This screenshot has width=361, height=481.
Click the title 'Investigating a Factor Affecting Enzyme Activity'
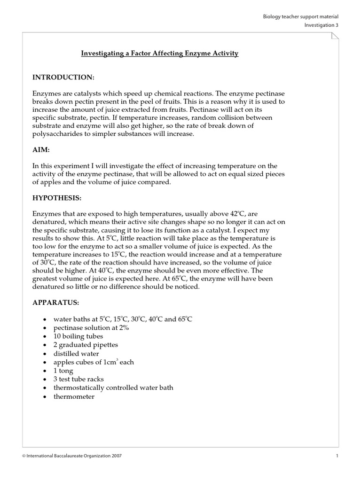coord(160,54)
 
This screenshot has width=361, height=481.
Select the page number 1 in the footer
coord(337,456)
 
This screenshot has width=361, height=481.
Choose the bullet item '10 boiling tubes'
coord(78,336)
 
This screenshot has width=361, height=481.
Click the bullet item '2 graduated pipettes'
coord(86,345)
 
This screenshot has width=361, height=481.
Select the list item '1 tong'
coord(63,371)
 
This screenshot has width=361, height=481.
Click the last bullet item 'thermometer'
coord(74,396)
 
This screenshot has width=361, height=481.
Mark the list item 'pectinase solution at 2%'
coord(91,327)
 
